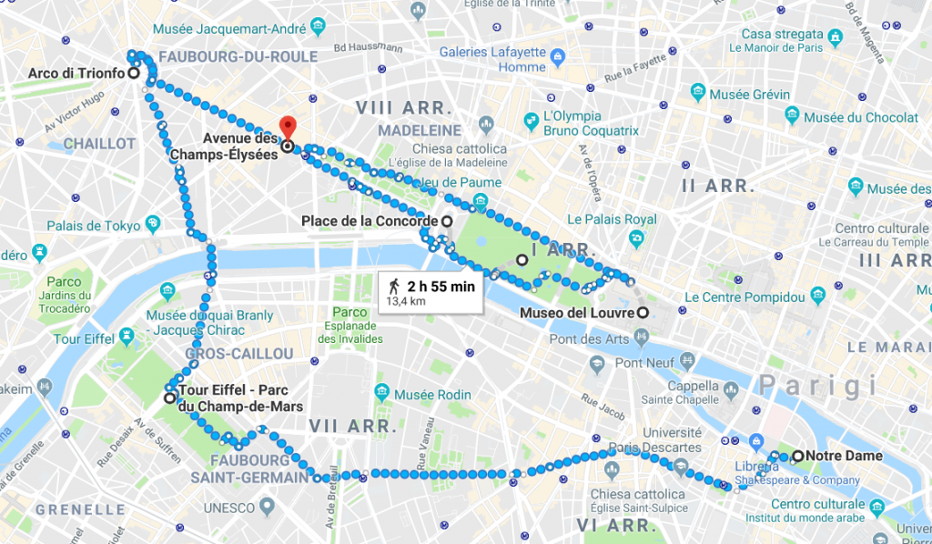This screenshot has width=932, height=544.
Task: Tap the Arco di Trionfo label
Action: (x=76, y=74)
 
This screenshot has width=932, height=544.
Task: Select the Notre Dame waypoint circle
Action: (x=797, y=456)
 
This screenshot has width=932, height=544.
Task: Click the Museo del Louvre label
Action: (x=576, y=314)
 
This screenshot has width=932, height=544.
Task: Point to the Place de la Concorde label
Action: (x=370, y=221)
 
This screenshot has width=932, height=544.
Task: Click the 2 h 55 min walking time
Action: (x=441, y=286)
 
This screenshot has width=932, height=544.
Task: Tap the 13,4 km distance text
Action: (x=406, y=300)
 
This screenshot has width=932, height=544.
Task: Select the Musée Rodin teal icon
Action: (x=382, y=393)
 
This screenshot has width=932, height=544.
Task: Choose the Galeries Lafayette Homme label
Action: (x=492, y=59)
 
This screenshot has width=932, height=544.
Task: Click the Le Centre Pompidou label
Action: (x=745, y=297)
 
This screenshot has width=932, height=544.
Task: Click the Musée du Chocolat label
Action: (x=861, y=117)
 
